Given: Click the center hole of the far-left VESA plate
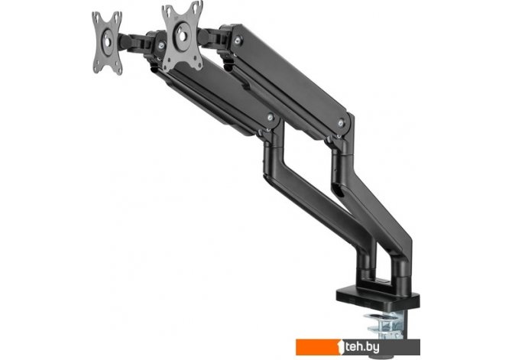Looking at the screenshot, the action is (x=107, y=36).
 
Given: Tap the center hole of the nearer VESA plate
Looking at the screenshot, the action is (x=182, y=33).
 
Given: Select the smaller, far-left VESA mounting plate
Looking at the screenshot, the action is (x=107, y=43).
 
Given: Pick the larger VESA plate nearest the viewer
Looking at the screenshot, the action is (x=183, y=36).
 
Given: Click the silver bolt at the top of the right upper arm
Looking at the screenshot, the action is (x=238, y=40).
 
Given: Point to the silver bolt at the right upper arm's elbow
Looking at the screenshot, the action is (x=342, y=122).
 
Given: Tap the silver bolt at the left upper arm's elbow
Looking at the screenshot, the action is (x=270, y=117).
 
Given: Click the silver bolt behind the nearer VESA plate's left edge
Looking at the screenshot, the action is (x=161, y=46).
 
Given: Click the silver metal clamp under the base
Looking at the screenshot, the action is (x=385, y=325).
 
